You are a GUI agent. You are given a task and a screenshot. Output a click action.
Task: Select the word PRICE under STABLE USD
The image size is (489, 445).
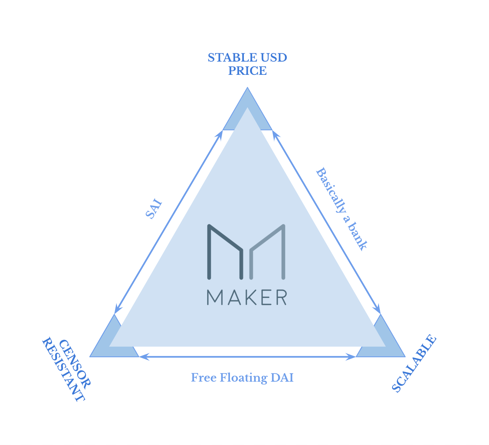[247, 71]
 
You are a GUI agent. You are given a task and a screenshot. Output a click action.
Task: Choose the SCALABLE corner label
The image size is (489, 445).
[414, 364]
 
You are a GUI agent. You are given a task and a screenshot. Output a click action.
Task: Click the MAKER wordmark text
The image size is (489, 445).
[247, 297]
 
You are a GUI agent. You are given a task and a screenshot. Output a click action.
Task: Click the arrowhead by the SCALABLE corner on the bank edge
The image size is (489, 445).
[378, 309]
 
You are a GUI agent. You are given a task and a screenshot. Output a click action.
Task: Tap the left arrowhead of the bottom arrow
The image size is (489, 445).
[144, 357]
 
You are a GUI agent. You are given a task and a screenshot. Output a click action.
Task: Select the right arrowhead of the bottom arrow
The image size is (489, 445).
[351, 357]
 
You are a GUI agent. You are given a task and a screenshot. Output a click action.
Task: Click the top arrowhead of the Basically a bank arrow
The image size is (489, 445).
[275, 134]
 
